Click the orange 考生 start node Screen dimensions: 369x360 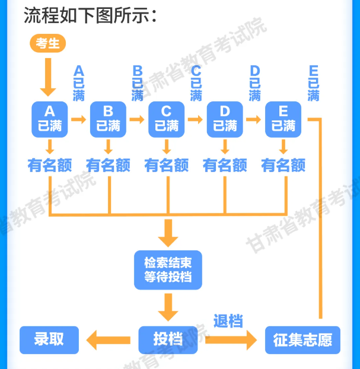coord(47,44)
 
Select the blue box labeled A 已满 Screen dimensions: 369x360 coord(50,119)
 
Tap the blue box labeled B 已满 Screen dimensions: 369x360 coord(108,119)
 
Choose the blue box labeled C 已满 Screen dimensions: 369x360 coord(166,119)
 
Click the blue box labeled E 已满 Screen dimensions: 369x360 coord(283,119)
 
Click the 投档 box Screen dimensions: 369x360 coord(168,340)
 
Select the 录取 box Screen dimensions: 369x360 coord(49,340)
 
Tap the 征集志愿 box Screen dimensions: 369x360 coord(302,340)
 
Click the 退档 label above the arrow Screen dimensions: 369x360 coord(228,322)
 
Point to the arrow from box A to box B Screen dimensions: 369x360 coord(79,119)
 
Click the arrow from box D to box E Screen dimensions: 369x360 coord(254,119)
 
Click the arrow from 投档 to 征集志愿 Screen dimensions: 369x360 coord(228,340)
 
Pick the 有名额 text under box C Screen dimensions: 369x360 coord(167,165)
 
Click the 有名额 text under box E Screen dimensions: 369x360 coord(283,165)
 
